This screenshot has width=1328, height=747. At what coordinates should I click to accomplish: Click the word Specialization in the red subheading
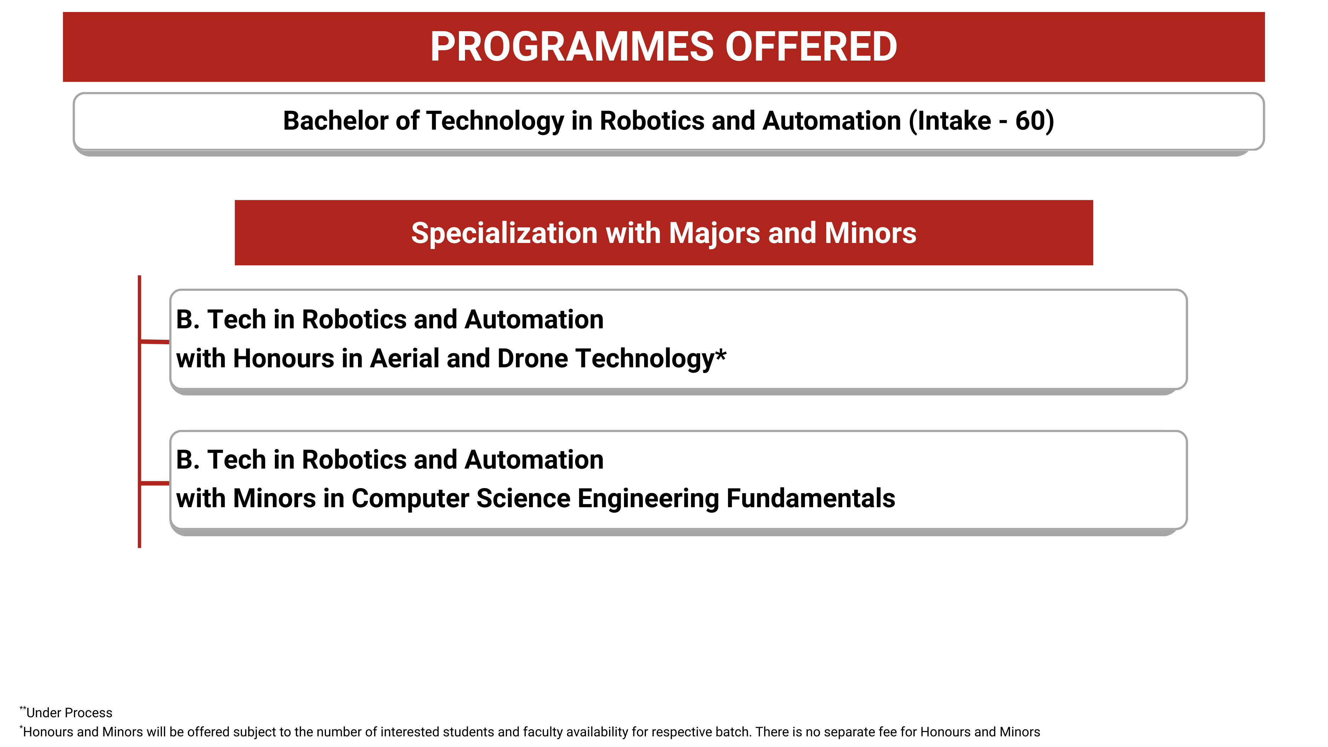(x=504, y=233)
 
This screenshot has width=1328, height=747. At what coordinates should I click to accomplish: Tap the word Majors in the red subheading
(x=714, y=233)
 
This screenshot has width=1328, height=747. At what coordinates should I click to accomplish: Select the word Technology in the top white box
(x=495, y=121)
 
